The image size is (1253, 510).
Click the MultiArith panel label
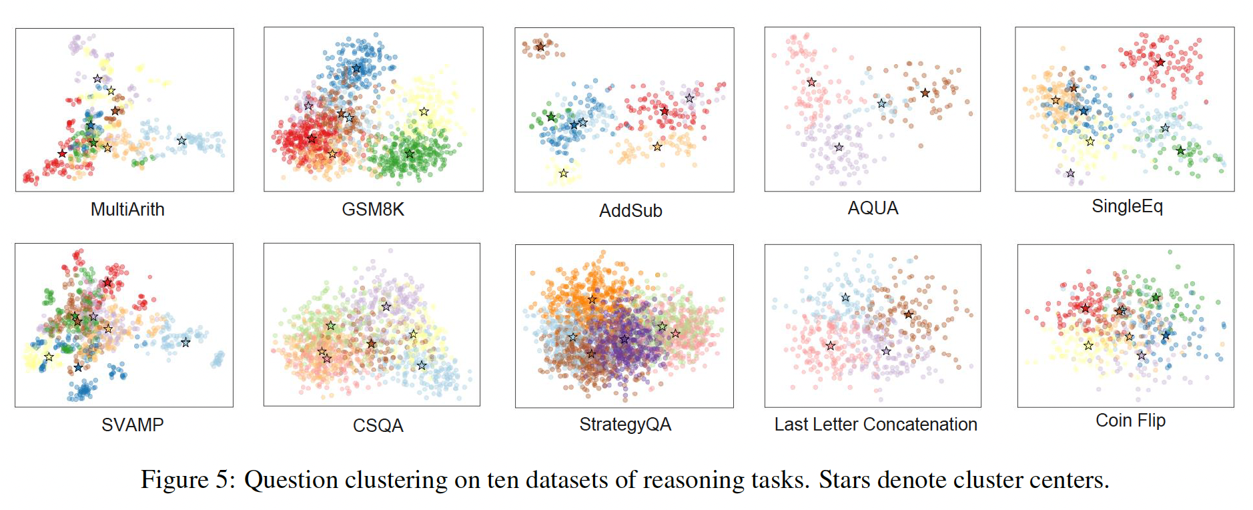(127, 210)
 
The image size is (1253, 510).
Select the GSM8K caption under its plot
(373, 210)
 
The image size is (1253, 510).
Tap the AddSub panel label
(631, 211)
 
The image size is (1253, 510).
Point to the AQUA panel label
(873, 208)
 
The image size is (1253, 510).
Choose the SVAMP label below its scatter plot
(132, 425)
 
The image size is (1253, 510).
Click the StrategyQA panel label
(625, 425)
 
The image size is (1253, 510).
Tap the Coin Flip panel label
(1130, 421)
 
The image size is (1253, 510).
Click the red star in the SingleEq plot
(1160, 62)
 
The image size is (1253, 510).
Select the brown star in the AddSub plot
(540, 47)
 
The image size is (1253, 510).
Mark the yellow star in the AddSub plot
(564, 174)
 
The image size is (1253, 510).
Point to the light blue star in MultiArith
(181, 141)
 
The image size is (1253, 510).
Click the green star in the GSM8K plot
(410, 154)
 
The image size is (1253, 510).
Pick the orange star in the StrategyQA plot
(592, 300)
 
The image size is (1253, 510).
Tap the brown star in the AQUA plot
(925, 93)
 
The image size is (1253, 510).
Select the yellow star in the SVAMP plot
(49, 357)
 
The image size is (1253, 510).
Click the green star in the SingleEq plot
(1180, 151)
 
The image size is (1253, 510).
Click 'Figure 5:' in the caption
(187, 479)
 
